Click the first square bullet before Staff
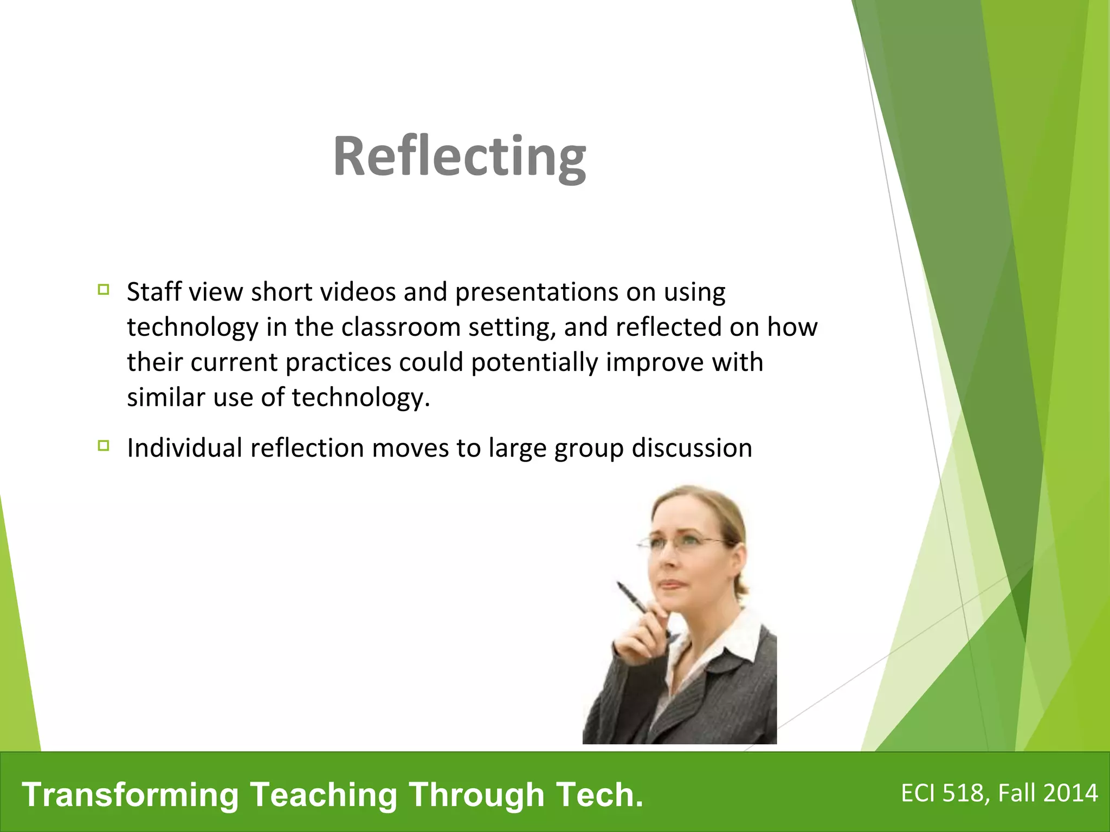[x=104, y=289]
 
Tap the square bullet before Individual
[x=104, y=445]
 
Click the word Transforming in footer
[x=130, y=795]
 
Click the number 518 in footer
[x=963, y=793]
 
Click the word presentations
[x=537, y=292]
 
